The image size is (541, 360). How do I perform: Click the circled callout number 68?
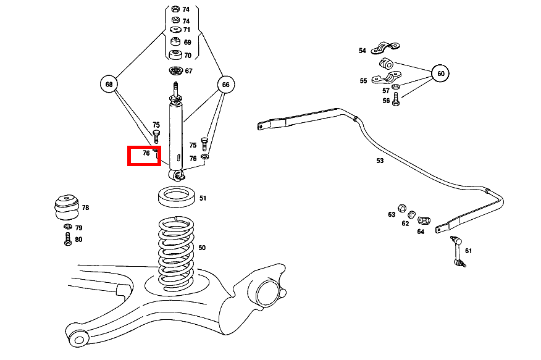109,84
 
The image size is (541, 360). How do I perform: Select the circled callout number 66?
225,84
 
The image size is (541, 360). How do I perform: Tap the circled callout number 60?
440,73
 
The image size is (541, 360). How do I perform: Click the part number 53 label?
380,161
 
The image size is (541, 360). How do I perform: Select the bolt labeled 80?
67,240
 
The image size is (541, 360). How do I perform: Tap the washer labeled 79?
67,228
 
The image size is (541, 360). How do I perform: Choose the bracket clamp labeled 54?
385,47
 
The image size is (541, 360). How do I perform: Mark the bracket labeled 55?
387,78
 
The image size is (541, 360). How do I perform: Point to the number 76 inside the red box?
146,153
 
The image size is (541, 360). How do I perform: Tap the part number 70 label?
187,56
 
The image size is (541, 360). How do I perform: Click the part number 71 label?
187,30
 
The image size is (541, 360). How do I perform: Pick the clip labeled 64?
424,220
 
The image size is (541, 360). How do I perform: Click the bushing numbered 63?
401,206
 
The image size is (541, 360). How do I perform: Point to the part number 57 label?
386,91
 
